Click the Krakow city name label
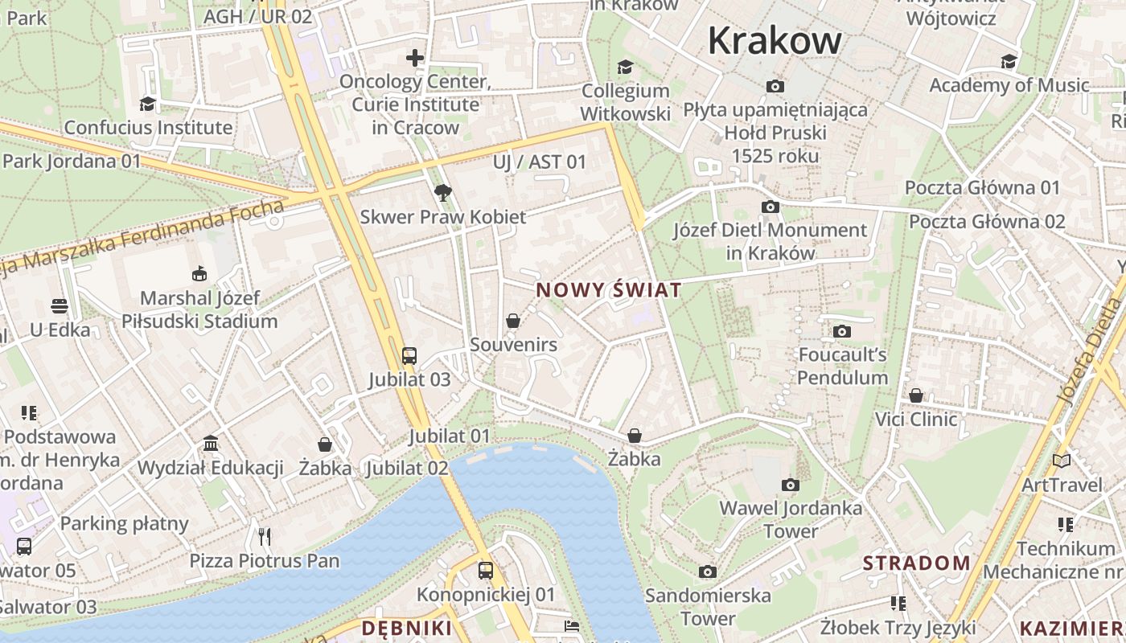pyautogui.click(x=775, y=40)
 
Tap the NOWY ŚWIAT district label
pyautogui.click(x=609, y=290)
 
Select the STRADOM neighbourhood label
pyautogui.click(x=917, y=563)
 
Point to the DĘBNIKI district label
pyautogui.click(x=407, y=628)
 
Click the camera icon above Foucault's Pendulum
pyautogui.click(x=842, y=331)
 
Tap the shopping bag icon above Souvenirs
pyautogui.click(x=513, y=321)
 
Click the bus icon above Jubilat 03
pyautogui.click(x=409, y=355)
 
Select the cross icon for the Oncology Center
pyautogui.click(x=415, y=58)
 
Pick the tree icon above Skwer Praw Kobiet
pyautogui.click(x=442, y=193)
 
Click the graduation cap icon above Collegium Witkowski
pyautogui.click(x=625, y=67)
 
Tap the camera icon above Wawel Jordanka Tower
pyautogui.click(x=791, y=485)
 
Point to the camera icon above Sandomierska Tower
pyautogui.click(x=708, y=571)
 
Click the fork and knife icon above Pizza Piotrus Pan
pyautogui.click(x=265, y=536)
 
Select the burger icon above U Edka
pyautogui.click(x=60, y=305)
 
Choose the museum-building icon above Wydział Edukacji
pyautogui.click(x=211, y=444)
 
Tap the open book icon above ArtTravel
pyautogui.click(x=1062, y=461)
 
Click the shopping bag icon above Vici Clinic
pyautogui.click(x=916, y=395)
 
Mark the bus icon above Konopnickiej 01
pyautogui.click(x=486, y=571)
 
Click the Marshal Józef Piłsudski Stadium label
pyautogui.click(x=199, y=309)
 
